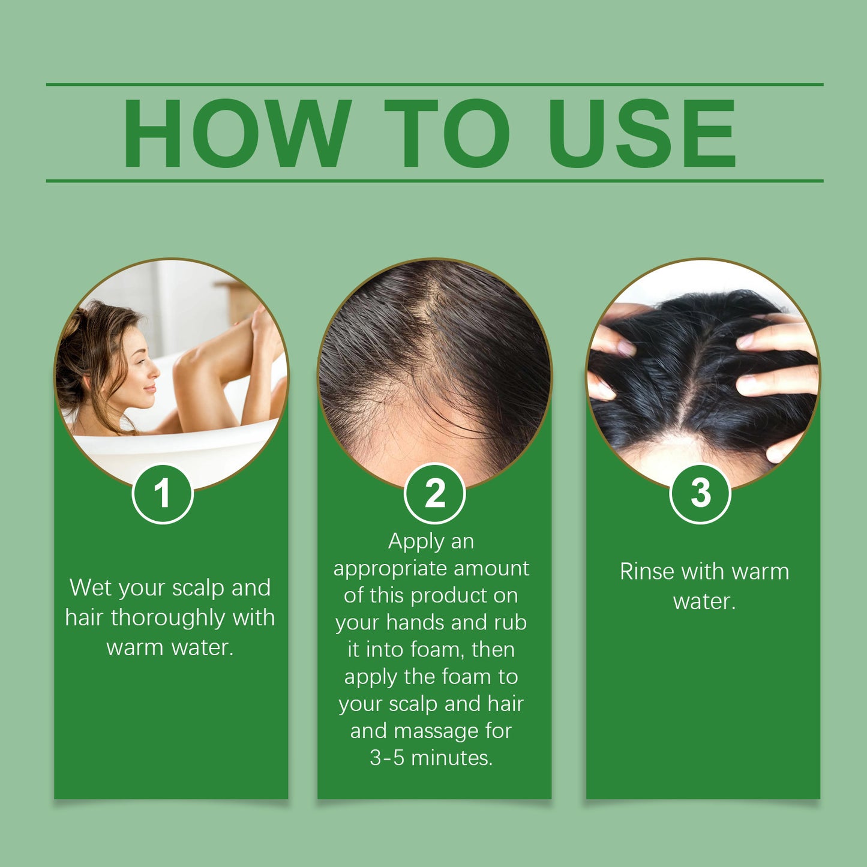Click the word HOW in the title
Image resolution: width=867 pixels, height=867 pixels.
[236, 133]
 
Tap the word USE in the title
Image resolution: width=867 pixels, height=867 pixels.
[641, 133]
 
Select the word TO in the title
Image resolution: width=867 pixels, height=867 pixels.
[447, 133]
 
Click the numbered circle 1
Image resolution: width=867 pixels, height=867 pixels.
[162, 494]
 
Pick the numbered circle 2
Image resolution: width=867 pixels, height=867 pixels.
[434, 494]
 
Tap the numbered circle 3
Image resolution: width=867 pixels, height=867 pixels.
[700, 494]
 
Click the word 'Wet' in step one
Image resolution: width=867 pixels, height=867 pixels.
[90, 587]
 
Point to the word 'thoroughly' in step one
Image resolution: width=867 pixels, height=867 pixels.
[169, 618]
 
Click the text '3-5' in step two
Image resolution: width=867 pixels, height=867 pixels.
[388, 758]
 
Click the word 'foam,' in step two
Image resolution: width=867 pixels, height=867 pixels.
[438, 650]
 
